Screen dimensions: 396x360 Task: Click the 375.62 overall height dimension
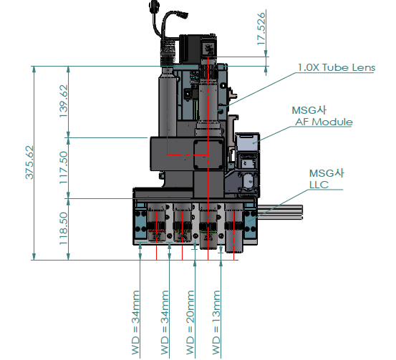pos(29,162)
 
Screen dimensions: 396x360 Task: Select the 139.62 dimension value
pos(64,101)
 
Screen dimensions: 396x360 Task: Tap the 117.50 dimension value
pos(64,167)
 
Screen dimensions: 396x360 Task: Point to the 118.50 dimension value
pos(64,228)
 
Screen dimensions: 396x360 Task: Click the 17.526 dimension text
pos(261,29)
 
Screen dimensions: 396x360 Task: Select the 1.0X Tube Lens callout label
pos(337,67)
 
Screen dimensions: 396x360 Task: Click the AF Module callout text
pos(324,122)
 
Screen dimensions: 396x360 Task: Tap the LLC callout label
pos(319,185)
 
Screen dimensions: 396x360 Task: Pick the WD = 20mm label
pos(190,322)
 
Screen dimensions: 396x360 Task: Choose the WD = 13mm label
pos(216,322)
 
